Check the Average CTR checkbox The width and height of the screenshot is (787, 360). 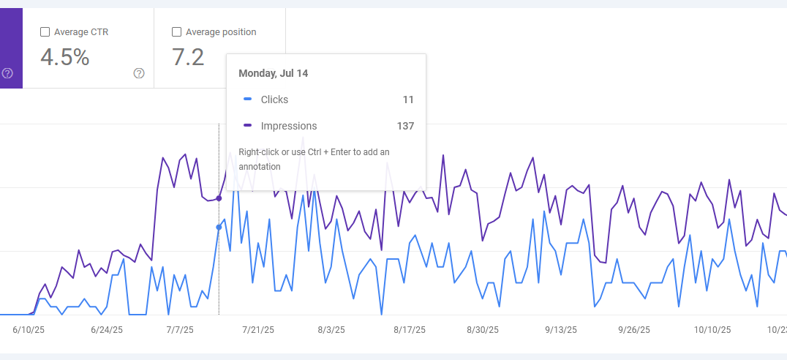(x=45, y=32)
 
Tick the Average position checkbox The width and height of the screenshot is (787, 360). (x=176, y=32)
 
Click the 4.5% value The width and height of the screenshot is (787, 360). (x=65, y=58)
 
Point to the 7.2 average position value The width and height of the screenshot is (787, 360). (x=188, y=58)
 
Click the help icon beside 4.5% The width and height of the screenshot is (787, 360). (x=139, y=73)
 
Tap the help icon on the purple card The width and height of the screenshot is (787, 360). (x=7, y=73)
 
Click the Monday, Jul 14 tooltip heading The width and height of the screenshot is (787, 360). (x=273, y=73)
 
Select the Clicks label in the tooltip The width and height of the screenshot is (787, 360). (x=274, y=100)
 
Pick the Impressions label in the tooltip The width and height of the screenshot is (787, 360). (x=289, y=126)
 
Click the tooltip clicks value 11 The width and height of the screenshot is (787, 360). (x=408, y=100)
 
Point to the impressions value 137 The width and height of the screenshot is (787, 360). (x=405, y=126)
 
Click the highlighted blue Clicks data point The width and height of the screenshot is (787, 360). (x=219, y=228)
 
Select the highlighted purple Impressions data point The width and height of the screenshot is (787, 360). (x=219, y=198)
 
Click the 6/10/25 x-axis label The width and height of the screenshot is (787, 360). (x=29, y=330)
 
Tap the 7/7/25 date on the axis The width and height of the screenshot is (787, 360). (x=179, y=330)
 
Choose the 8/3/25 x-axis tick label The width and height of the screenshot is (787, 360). (x=331, y=330)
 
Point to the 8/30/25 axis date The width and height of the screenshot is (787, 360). (x=483, y=330)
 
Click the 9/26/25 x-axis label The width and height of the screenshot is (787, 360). (x=634, y=330)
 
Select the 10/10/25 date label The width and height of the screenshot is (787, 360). (x=712, y=330)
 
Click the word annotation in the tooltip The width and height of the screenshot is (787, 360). (x=260, y=166)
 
